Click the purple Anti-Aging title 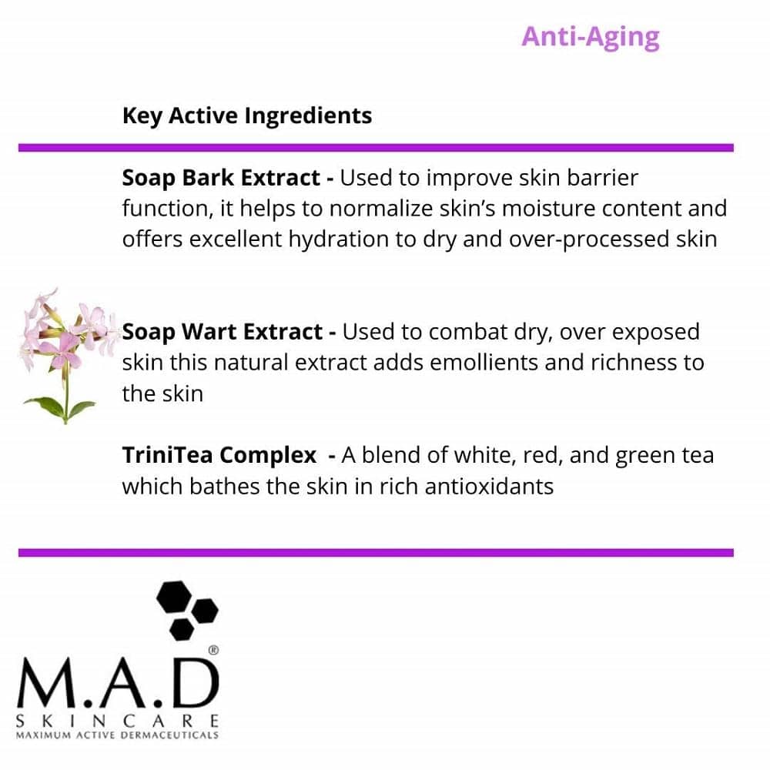[590, 37]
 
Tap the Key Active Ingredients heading [246, 116]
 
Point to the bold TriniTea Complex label [219, 456]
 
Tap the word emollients [455, 363]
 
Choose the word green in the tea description [649, 456]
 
